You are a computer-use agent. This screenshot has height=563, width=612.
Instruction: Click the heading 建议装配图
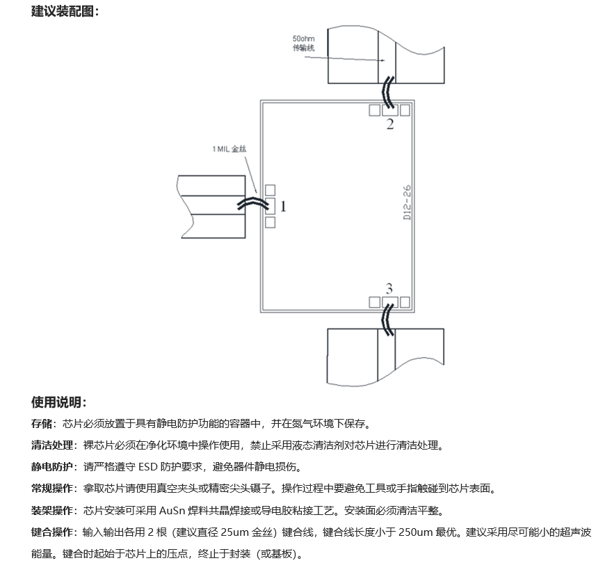(62, 11)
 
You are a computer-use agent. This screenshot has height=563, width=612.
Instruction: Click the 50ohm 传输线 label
(304, 43)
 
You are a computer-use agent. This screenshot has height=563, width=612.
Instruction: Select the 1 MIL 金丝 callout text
(229, 149)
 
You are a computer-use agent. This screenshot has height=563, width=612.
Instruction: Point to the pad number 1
(283, 206)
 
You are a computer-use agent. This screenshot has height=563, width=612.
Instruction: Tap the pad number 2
(390, 125)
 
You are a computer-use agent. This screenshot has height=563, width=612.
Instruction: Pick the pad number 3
(389, 289)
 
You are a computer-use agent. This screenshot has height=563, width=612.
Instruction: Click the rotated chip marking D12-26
(407, 203)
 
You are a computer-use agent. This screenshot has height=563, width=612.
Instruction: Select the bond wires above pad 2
(388, 93)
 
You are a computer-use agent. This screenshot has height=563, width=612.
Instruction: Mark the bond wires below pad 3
(388, 320)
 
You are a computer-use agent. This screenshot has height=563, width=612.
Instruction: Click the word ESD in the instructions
(147, 467)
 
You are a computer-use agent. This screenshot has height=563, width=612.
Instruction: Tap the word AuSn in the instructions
(172, 511)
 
